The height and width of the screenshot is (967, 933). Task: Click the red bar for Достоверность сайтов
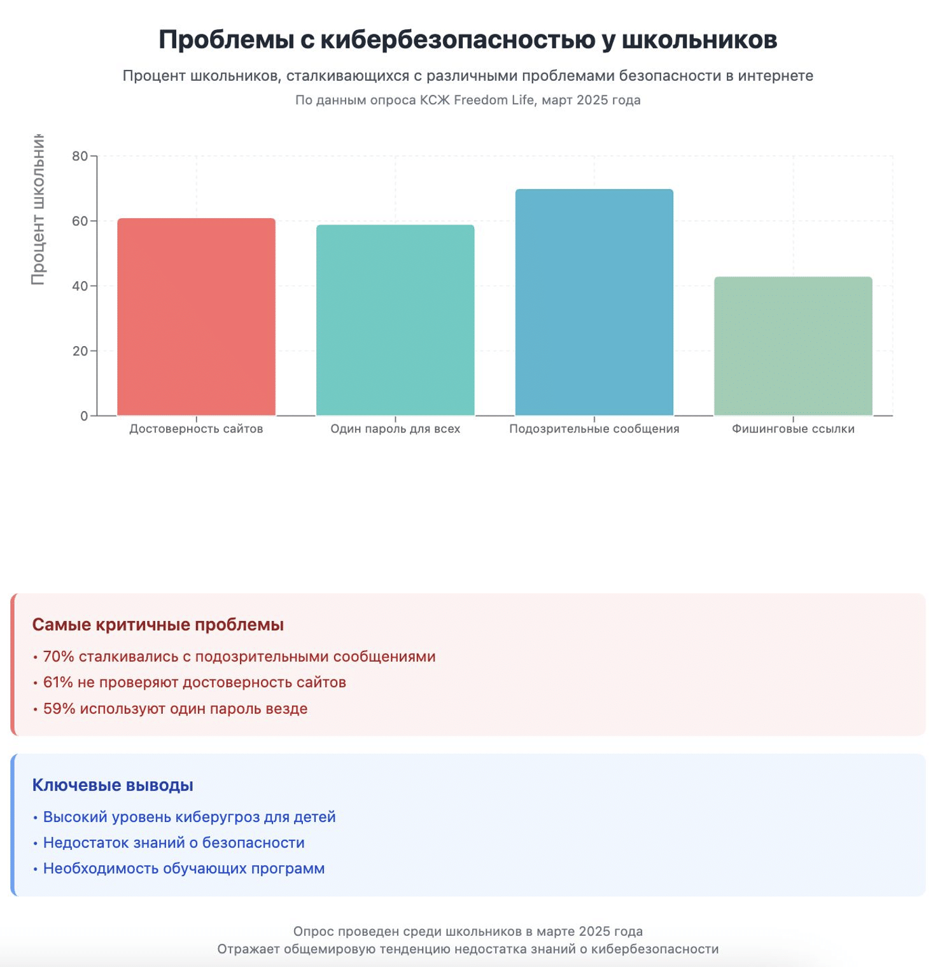196,317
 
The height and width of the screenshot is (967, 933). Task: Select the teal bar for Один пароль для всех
395,320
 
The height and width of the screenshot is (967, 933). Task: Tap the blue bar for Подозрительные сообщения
594,302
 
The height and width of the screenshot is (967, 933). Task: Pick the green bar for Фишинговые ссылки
793,346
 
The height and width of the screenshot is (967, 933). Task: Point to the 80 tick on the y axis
80,157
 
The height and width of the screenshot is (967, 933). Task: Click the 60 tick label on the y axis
80,221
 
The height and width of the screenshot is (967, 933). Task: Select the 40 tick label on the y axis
80,286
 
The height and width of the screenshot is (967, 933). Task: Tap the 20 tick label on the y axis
80,351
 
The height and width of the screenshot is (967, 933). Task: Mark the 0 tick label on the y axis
84,416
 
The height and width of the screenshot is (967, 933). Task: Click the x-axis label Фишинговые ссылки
793,429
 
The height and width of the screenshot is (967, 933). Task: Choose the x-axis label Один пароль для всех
395,429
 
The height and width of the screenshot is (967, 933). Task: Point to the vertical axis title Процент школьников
38,210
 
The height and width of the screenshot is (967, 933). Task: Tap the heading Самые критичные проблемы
158,625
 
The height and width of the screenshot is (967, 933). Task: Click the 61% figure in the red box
58,683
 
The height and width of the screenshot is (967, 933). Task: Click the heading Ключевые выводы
113,785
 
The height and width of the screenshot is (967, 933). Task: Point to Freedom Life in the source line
494,100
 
